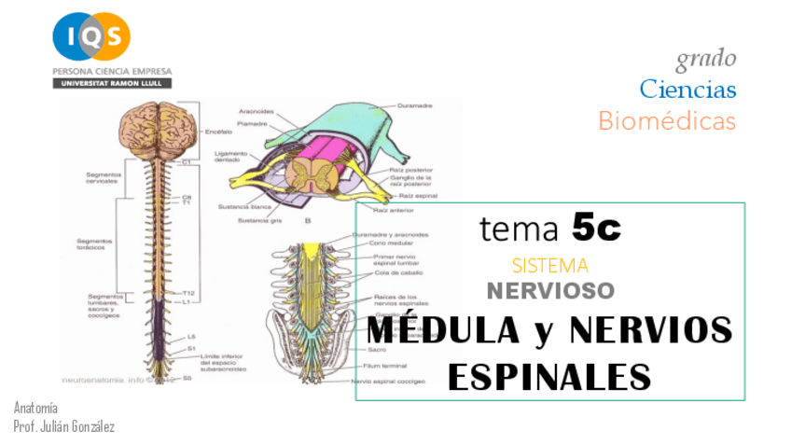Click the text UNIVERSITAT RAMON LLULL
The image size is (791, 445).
tap(112, 83)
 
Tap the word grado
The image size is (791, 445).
tap(706, 59)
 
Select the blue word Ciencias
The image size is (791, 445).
tap(687, 90)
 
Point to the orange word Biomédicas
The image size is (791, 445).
tap(667, 120)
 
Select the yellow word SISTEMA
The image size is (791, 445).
tap(550, 265)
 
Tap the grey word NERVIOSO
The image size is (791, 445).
tap(550, 290)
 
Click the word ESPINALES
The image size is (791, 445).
tap(548, 376)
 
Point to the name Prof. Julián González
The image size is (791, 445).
tap(64, 425)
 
